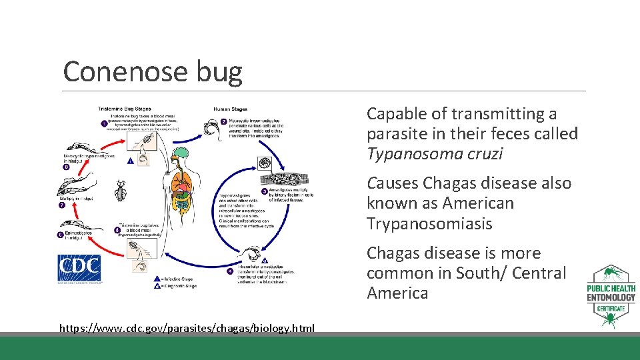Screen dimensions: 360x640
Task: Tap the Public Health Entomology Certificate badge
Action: tap(611, 297)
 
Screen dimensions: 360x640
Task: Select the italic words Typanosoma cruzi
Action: tap(435, 154)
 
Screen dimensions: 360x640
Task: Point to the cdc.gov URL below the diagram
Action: tap(187, 328)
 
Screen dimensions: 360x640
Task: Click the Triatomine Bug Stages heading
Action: tap(125, 109)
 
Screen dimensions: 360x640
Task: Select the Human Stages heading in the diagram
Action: tap(230, 109)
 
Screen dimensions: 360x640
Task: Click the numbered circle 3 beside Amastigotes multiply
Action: tap(264, 191)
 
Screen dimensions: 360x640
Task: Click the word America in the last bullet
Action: tap(397, 293)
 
